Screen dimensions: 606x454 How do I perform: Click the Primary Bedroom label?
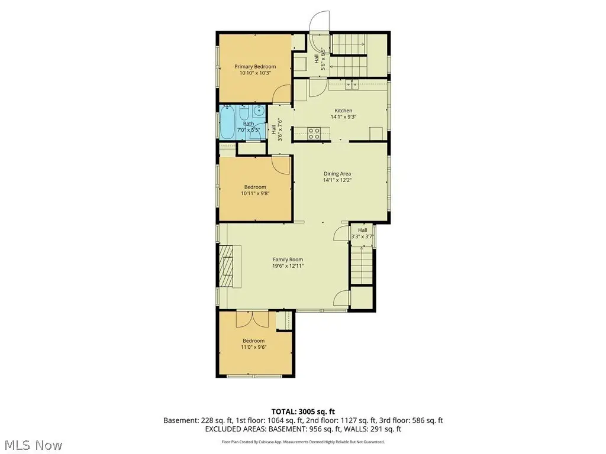(x=255, y=66)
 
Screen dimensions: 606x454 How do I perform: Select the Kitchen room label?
(x=343, y=111)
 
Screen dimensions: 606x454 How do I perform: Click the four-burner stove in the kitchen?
(x=314, y=134)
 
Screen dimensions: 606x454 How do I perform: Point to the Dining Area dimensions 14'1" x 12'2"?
(x=337, y=180)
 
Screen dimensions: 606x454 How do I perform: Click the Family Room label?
(x=288, y=260)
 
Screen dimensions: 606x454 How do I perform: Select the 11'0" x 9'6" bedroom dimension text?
(x=254, y=347)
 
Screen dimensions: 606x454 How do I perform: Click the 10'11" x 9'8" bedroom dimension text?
(x=255, y=193)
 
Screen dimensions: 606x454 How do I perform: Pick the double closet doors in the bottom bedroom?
(x=252, y=320)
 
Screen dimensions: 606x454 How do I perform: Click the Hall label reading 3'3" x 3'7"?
(x=363, y=233)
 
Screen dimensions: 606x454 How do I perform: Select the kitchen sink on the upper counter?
(x=352, y=85)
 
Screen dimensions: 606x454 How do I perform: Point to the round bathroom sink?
(x=259, y=111)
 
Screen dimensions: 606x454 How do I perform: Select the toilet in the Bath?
(x=244, y=112)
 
